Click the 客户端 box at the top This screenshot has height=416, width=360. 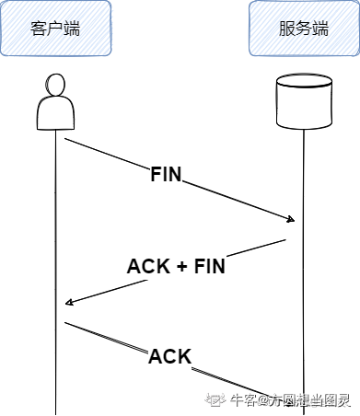coord(56,29)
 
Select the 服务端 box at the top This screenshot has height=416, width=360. coord(303,29)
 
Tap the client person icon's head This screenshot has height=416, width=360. coord(55,85)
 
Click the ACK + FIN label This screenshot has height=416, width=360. coord(176,267)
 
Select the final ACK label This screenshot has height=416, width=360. coord(169,356)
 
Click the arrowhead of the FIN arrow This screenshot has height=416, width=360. coord(292,220)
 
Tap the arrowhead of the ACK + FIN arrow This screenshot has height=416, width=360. coord(68,303)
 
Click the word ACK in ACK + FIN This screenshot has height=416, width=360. coord(147,267)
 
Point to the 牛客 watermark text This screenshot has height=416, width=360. coord(243,400)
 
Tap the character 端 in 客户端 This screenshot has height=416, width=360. coord(72,29)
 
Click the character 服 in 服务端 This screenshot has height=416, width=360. coord(286,29)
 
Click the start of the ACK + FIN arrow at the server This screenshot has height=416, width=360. coord(285,240)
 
